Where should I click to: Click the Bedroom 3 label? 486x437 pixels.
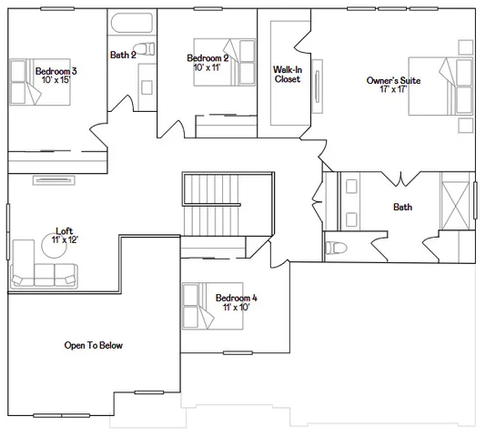pyautogui.click(x=56, y=71)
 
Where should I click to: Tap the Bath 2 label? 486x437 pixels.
pyautogui.click(x=123, y=55)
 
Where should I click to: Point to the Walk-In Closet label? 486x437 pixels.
pyautogui.click(x=288, y=74)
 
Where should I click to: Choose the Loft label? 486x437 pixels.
pyautogui.click(x=64, y=230)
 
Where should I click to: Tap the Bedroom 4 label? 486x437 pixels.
pyautogui.click(x=236, y=298)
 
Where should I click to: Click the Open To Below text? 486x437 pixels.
pyautogui.click(x=93, y=345)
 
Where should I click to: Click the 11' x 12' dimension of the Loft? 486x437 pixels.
pyautogui.click(x=64, y=239)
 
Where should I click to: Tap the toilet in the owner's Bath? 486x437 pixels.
pyautogui.click(x=336, y=247)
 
